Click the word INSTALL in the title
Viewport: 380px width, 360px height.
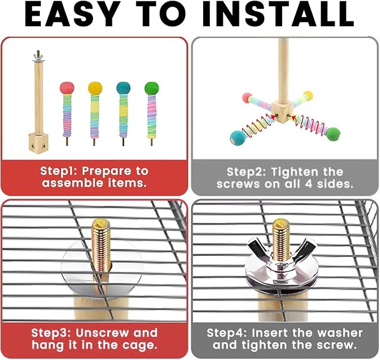[277, 15]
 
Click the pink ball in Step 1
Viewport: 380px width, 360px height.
[67, 88]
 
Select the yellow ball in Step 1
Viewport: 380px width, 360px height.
[95, 88]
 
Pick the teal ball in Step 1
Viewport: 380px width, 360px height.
[123, 88]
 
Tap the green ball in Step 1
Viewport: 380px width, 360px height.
[152, 88]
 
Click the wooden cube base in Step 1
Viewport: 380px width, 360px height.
[38, 143]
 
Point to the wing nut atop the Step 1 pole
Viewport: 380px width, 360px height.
[38, 57]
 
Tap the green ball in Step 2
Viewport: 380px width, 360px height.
[333, 134]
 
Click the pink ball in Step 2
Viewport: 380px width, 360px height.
[247, 98]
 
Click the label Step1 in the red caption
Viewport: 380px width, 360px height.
[58, 171]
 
